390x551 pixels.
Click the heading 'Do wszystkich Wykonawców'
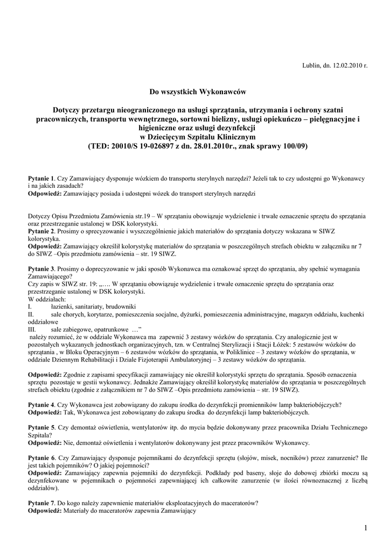tap(198, 92)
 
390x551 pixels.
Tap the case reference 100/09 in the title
tap(290, 146)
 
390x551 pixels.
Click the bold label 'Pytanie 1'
tap(41, 178)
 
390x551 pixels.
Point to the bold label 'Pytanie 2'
tap(41, 230)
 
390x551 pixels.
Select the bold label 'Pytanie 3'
tap(41, 269)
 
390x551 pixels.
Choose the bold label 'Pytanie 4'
tap(41, 405)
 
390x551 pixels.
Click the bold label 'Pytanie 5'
tap(41, 428)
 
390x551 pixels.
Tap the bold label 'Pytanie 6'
tap(41, 458)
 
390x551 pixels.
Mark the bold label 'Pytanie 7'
tap(41, 503)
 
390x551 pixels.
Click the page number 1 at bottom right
tap(365, 528)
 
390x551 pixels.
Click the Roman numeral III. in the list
tap(32, 329)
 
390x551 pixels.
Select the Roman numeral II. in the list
tap(31, 314)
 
